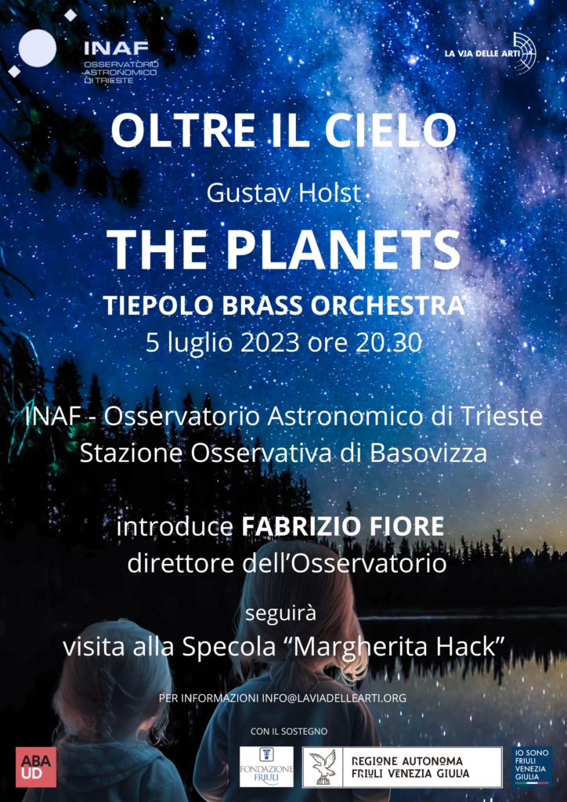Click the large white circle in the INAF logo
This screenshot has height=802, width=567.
pos(38,49)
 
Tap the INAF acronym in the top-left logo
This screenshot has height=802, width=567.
pos(116,49)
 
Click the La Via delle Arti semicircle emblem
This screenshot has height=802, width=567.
pos(525,53)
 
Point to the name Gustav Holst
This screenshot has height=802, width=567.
pos(284,193)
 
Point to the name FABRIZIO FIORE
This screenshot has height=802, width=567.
pos(342,527)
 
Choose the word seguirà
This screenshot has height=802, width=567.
pos(280,613)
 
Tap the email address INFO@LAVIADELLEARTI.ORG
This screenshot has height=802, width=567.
pos(334,698)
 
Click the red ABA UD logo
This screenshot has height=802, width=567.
pos(36,767)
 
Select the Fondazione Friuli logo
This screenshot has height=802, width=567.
pos(266,767)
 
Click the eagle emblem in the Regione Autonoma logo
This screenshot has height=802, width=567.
pos(322,767)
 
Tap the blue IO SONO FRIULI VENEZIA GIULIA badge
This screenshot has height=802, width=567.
pos(532,766)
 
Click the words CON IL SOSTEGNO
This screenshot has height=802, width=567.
pos(289,732)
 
